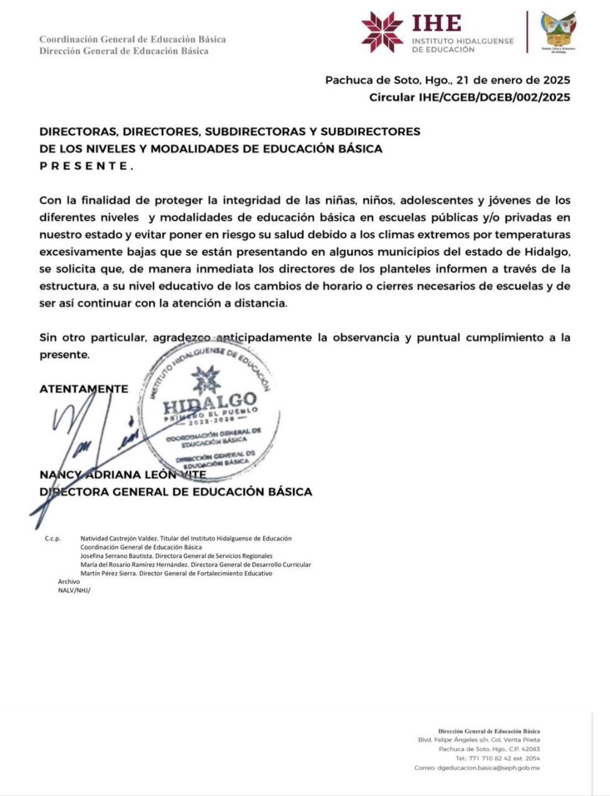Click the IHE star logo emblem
382,32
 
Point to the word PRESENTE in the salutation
86,166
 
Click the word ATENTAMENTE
83,389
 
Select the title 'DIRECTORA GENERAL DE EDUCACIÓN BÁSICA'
175,492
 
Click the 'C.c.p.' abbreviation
52,539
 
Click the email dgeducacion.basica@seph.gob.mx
489,768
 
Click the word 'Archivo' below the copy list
69,581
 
